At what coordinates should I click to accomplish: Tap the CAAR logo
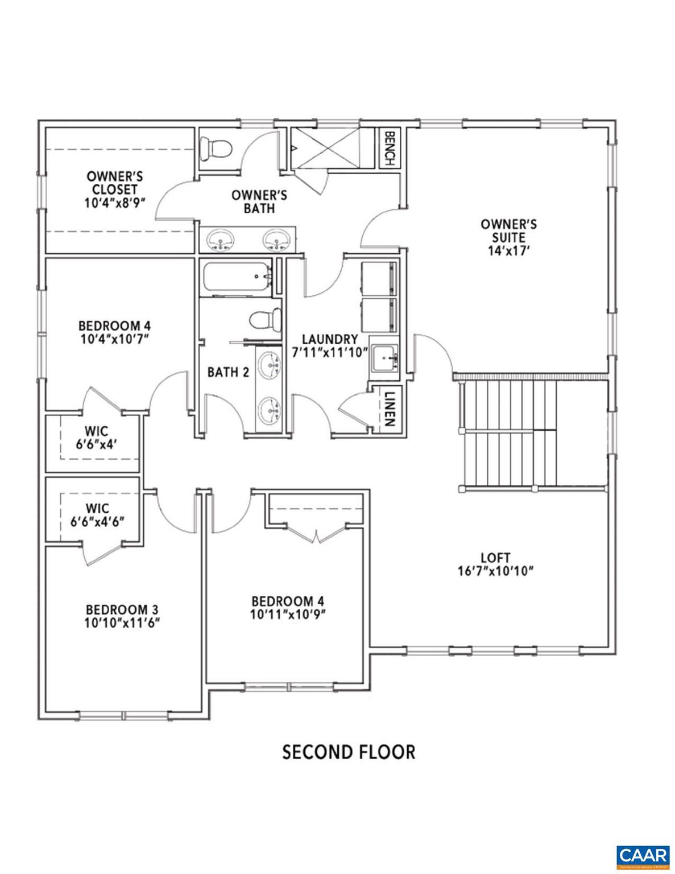point(643,855)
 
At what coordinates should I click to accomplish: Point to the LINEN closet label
point(390,409)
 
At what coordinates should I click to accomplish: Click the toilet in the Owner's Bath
point(218,149)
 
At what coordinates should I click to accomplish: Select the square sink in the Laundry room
point(385,357)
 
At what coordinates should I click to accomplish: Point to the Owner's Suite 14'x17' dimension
point(508,250)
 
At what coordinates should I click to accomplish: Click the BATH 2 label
point(228,372)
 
